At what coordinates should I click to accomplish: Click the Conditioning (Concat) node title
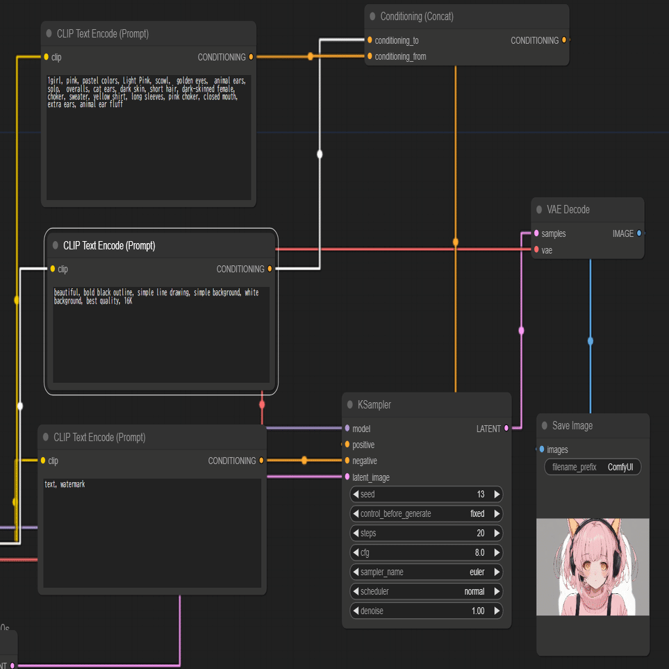pyautogui.click(x=416, y=17)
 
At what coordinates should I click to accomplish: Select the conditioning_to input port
pyautogui.click(x=370, y=40)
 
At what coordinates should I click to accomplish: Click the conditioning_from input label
pyautogui.click(x=400, y=57)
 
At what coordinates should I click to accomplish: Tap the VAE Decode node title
pyautogui.click(x=568, y=210)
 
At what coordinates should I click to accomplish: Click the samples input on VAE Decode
pyautogui.click(x=553, y=234)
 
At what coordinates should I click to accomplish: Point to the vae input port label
pyautogui.click(x=547, y=251)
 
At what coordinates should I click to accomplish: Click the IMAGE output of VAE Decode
pyautogui.click(x=623, y=234)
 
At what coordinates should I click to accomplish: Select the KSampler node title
pyautogui.click(x=374, y=405)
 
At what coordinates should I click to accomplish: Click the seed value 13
pyautogui.click(x=481, y=494)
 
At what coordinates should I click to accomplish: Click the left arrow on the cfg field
pyautogui.click(x=356, y=552)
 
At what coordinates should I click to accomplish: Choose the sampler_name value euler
pyautogui.click(x=477, y=572)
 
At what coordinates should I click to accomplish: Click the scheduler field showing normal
pyautogui.click(x=427, y=591)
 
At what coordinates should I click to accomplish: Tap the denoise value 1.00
pyautogui.click(x=478, y=611)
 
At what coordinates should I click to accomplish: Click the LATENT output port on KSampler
pyautogui.click(x=506, y=429)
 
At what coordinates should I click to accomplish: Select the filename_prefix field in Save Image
pyautogui.click(x=593, y=467)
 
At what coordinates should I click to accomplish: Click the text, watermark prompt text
pyautogui.click(x=65, y=484)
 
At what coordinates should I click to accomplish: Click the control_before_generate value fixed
pyautogui.click(x=477, y=513)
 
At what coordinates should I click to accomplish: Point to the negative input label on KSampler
pyautogui.click(x=364, y=461)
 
